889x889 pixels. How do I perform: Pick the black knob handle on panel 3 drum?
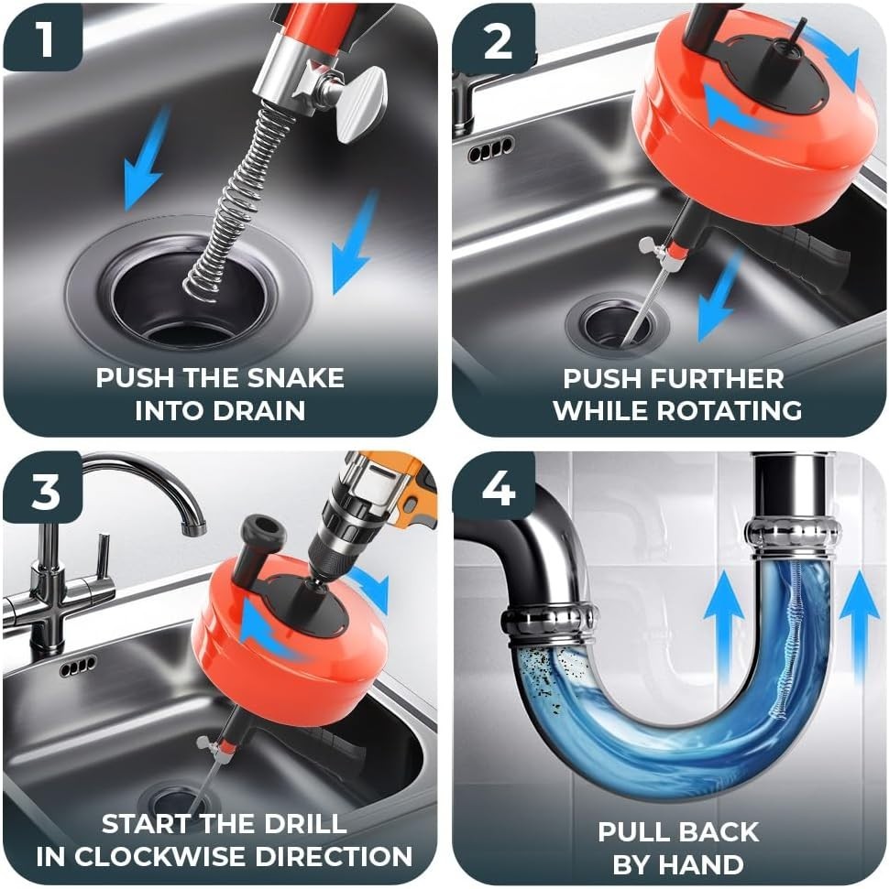tap(256, 536)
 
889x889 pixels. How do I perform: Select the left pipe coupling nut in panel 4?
tap(549, 623)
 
